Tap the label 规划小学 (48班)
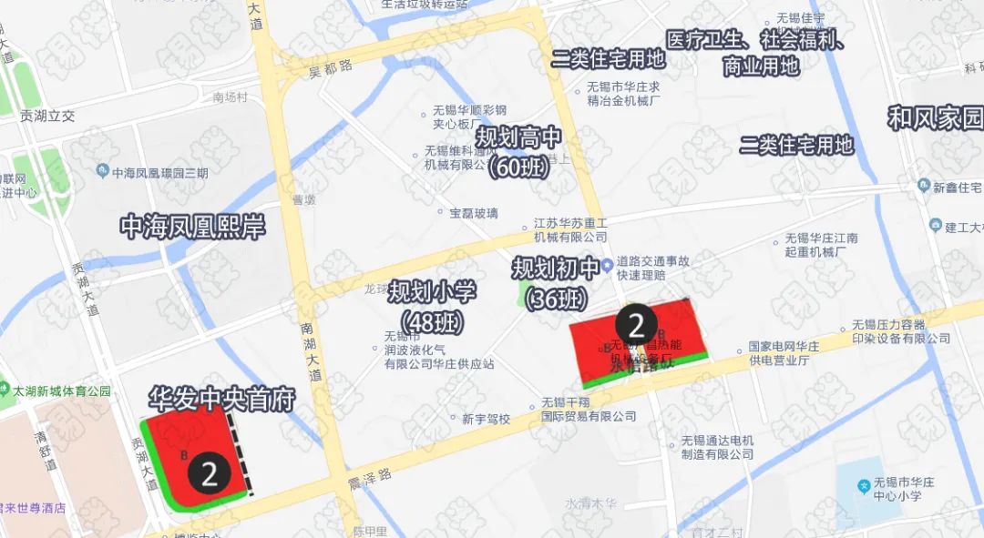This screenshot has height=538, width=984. [432, 306]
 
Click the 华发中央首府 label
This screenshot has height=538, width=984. [221, 399]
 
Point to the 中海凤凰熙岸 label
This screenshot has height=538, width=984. [193, 227]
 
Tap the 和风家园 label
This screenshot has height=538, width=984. [936, 117]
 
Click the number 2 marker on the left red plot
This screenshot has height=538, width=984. [209, 473]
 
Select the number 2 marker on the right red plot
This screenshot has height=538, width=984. [636, 325]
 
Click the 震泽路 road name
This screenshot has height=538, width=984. [369, 474]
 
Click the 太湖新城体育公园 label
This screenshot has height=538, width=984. [61, 391]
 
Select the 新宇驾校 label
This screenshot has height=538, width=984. [486, 419]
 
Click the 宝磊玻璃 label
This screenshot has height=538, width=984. [474, 213]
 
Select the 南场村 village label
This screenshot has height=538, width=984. [230, 96]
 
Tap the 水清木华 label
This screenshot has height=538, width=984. [591, 502]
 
